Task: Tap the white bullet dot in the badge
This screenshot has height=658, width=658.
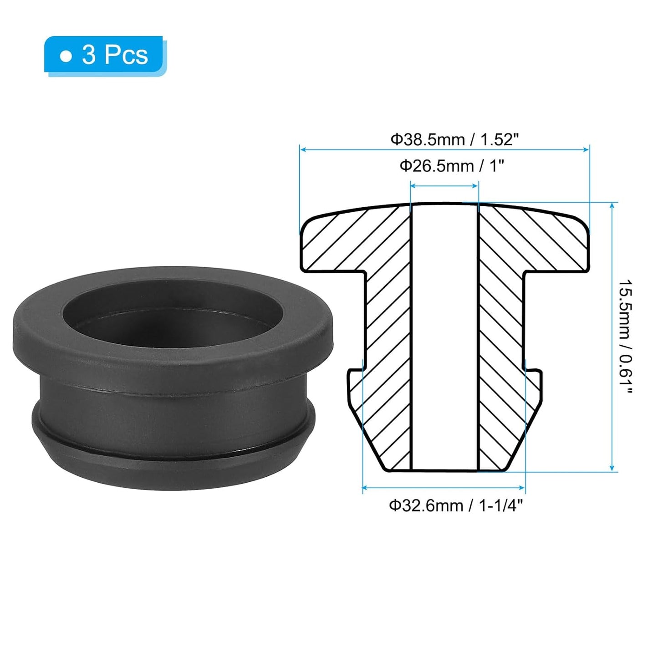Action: tap(66, 56)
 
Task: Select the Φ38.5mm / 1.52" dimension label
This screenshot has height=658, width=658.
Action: tap(454, 139)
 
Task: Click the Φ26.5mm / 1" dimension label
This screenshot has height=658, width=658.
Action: tap(452, 166)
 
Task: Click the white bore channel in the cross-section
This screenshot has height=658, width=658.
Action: tap(444, 337)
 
